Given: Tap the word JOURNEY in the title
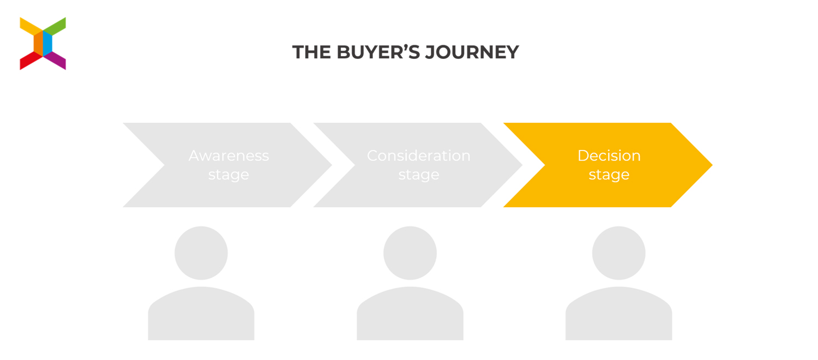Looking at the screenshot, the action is point(472,52).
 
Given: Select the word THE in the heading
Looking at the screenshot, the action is point(312,52).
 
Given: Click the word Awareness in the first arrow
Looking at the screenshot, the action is point(228,156).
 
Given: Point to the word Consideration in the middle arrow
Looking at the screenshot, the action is point(418,156).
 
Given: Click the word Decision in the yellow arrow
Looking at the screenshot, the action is point(609,156).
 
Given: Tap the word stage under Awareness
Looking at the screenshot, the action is point(228,175).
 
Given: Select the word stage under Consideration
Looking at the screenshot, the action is point(418,175).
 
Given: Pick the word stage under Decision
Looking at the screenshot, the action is point(609,175).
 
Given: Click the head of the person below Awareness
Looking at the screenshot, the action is point(201,253).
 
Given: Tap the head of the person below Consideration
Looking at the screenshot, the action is point(410,253).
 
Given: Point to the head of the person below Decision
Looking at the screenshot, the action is point(618,253).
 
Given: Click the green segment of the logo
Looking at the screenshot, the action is point(56,26).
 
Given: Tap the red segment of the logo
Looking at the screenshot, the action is point(30,61).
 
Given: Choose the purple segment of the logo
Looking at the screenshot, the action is point(56,60).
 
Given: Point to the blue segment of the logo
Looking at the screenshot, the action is point(48,43).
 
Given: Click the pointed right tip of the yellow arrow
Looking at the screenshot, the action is point(712,165).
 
